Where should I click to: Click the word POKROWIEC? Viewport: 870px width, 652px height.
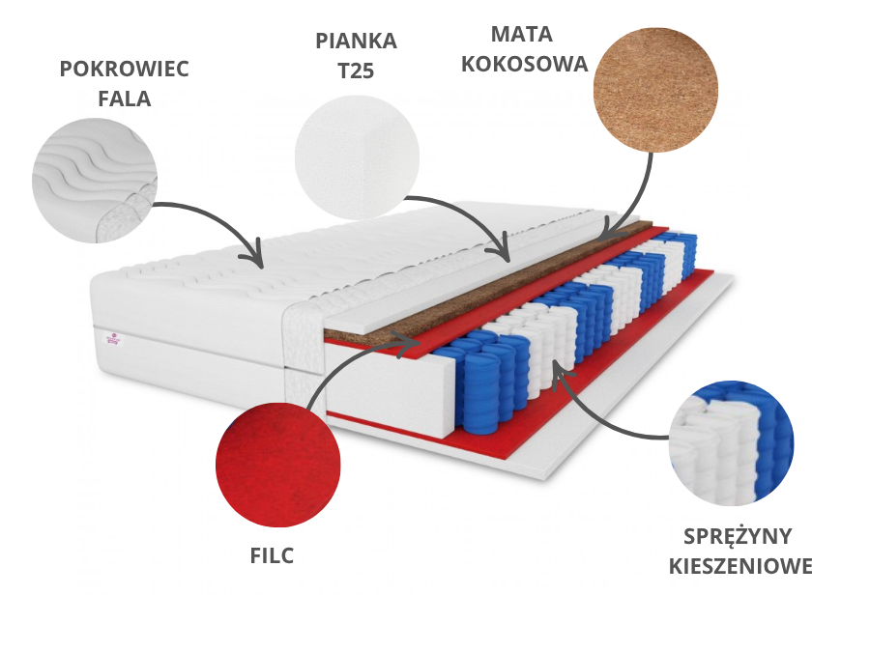click(x=124, y=70)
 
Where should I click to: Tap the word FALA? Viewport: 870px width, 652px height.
click(x=124, y=99)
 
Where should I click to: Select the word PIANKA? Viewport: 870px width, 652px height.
click(x=356, y=42)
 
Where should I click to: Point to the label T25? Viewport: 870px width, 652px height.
click(x=356, y=71)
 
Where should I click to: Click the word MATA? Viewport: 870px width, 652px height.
click(x=522, y=35)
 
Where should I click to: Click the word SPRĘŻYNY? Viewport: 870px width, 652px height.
click(x=738, y=536)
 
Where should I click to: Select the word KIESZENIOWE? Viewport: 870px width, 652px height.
click(x=740, y=566)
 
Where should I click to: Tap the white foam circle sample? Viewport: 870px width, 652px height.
click(x=357, y=154)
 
